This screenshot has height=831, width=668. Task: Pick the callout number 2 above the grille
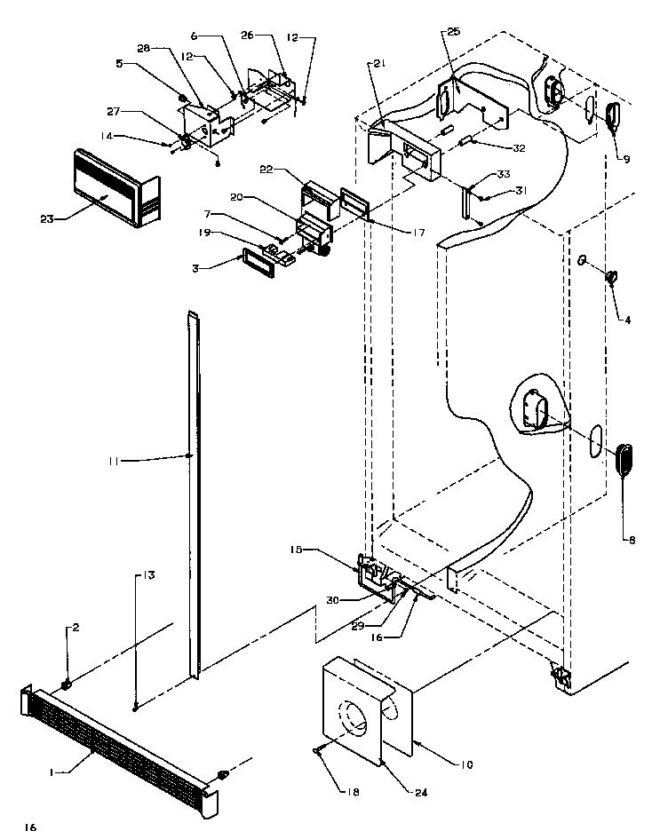click(x=76, y=628)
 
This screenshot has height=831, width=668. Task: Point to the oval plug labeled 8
click(x=625, y=460)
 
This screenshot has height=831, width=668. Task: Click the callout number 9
click(x=627, y=160)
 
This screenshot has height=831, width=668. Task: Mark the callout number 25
click(x=454, y=32)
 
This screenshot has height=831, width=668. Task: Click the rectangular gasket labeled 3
click(x=256, y=265)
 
